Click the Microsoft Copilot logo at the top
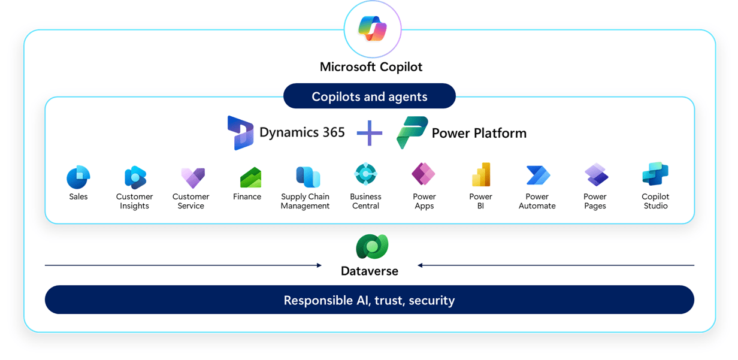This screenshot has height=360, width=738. pos(372,29)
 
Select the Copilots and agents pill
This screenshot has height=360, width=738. pos(369,96)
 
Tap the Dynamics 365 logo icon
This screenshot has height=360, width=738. pos(240,132)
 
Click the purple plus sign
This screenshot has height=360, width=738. pos(370,132)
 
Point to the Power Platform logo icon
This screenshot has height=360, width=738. pos(412,132)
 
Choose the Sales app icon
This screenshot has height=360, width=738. pos(78,177)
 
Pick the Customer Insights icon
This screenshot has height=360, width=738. pos(135,177)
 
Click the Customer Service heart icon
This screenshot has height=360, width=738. pos(192,177)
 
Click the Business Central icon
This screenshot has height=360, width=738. pos(365,174)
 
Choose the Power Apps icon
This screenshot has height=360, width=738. pos(424,174)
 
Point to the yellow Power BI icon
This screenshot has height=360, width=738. pos(481,175)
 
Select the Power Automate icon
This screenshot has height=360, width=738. pos(537,175)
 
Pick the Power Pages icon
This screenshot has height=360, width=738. pos(595,175)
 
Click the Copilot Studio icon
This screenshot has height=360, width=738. pos(655,174)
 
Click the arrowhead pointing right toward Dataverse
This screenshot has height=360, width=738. pos(319,265)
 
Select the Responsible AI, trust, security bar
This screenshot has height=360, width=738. pos(369,300)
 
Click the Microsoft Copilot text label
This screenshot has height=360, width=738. pos(371,66)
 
